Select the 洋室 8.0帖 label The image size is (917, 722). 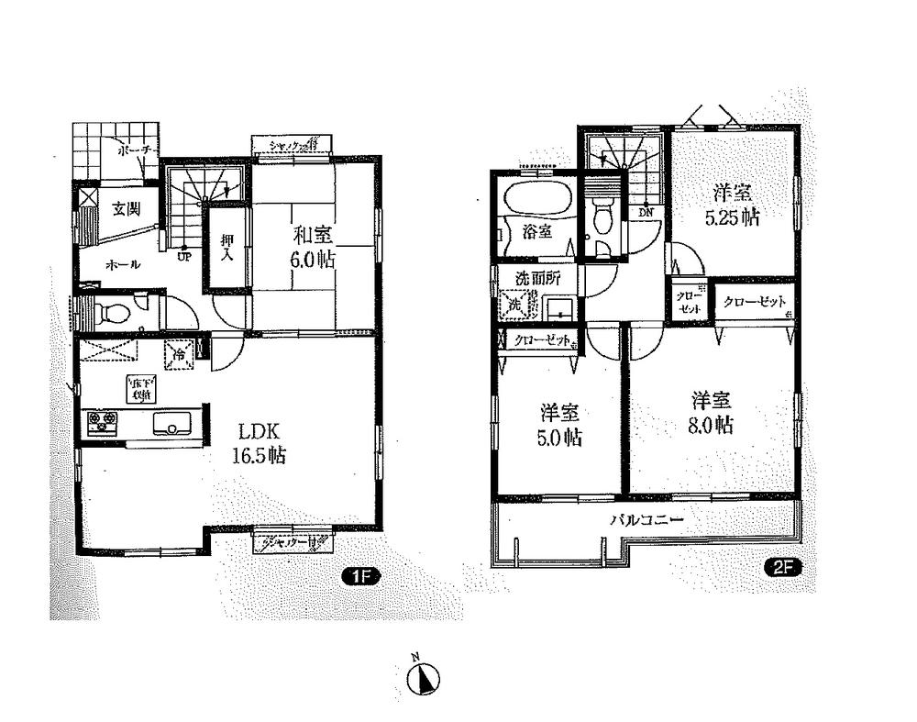(712, 412)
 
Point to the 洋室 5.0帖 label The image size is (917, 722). (559, 426)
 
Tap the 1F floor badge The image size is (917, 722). (356, 577)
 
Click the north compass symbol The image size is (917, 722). (424, 677)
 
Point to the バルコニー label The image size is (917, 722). (647, 519)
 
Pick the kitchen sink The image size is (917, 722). (172, 424)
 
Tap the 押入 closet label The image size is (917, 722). (227, 248)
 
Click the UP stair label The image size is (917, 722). (184, 256)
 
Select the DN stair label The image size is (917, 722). (647, 211)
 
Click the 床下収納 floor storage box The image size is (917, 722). (140, 389)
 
